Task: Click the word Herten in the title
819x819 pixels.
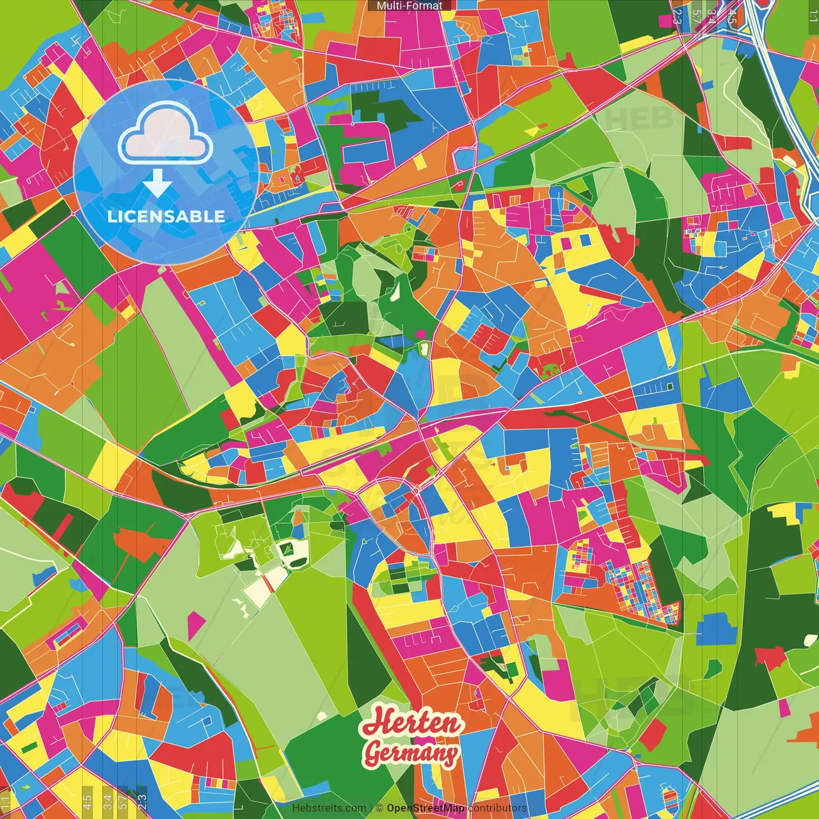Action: [x=411, y=722]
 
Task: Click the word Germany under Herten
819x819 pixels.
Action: [x=411, y=752]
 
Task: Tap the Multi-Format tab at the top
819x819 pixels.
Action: [x=409, y=6]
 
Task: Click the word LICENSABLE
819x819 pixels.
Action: [x=166, y=216]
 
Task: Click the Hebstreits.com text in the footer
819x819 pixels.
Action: [x=329, y=808]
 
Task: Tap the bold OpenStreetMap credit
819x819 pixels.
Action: [x=425, y=808]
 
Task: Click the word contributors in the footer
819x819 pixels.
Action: [x=497, y=808]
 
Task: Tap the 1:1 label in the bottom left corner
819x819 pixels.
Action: [x=6, y=801]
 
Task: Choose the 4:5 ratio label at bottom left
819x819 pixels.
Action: [x=87, y=801]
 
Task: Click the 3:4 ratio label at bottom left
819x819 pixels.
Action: [x=107, y=801]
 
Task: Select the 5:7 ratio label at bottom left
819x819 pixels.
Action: [x=123, y=801]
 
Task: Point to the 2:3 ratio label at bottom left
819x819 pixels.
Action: [x=142, y=801]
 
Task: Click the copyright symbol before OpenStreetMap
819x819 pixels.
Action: [x=379, y=808]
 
